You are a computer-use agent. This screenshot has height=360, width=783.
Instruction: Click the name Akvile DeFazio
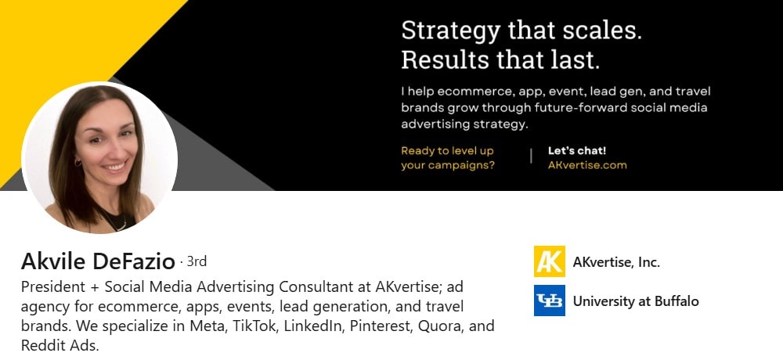(98, 261)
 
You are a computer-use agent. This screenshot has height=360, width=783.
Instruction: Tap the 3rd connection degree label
(196, 261)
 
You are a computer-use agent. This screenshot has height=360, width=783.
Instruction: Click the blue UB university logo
(549, 301)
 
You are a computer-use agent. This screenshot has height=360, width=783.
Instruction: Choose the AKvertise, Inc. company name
(616, 262)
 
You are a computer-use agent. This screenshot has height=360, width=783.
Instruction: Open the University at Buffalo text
(636, 301)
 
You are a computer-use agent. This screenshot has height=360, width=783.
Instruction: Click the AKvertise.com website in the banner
(587, 165)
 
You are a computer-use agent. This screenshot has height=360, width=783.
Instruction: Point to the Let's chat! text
(577, 150)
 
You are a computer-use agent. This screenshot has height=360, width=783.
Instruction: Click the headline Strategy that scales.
(521, 31)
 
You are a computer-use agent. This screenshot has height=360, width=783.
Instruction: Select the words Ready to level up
(447, 150)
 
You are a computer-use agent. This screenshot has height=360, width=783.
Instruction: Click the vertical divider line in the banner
(531, 157)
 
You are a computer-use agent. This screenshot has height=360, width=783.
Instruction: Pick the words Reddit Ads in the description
(60, 345)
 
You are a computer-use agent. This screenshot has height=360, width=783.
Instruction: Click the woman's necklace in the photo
(116, 222)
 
